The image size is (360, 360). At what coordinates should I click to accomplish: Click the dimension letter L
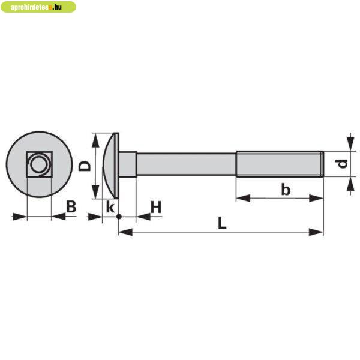tap(221, 223)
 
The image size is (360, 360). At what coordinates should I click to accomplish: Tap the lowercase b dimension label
tap(286, 190)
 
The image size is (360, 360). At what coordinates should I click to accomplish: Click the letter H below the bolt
tap(156, 208)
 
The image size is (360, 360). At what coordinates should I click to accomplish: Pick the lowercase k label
tap(110, 208)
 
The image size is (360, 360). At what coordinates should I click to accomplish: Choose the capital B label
tap(71, 207)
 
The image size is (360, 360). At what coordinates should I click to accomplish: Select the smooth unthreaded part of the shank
tap(186, 164)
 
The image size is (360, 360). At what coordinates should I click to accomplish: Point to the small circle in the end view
tap(40, 164)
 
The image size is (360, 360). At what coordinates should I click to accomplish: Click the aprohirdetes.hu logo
tap(38, 7)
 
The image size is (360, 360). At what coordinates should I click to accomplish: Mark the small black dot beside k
tap(119, 215)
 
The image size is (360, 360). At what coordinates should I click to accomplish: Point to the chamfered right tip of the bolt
tap(322, 164)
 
